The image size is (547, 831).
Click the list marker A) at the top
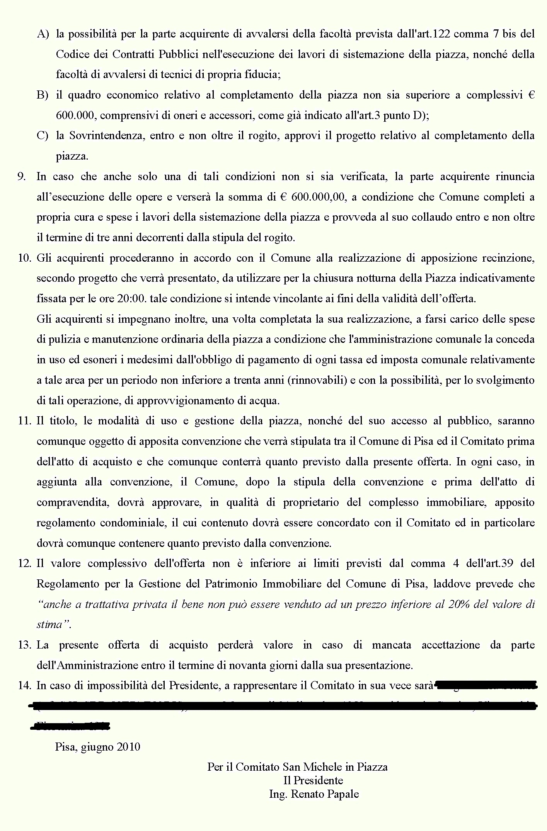click(43, 34)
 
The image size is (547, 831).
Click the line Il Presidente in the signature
click(313, 780)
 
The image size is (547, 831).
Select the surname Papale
click(344, 794)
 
